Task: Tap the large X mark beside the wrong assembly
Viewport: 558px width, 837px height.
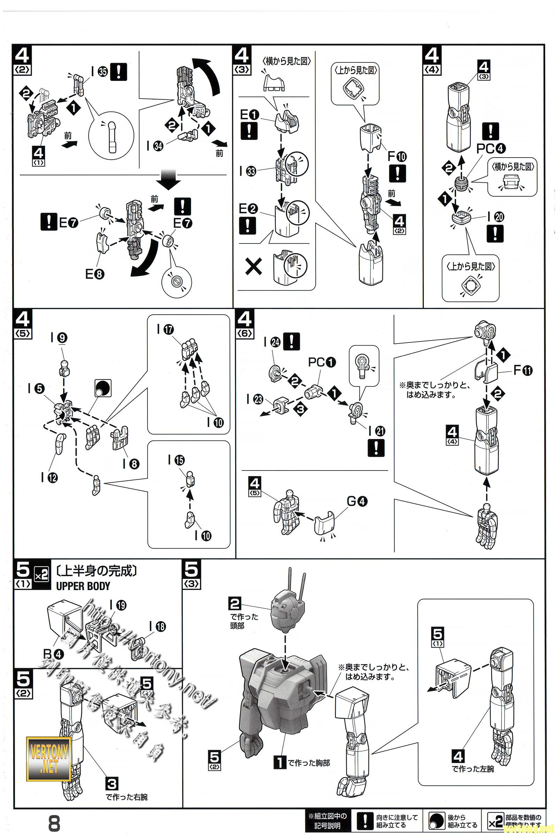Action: tap(254, 266)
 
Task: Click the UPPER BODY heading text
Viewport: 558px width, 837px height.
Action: tap(83, 586)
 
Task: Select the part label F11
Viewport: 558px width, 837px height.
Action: tap(523, 370)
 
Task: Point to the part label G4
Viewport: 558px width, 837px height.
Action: tap(357, 502)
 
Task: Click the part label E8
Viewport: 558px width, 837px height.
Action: tap(95, 274)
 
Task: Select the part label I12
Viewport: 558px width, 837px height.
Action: tap(49, 477)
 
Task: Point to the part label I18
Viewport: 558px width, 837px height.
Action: tap(158, 626)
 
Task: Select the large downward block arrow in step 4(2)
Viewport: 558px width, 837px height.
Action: tap(169, 180)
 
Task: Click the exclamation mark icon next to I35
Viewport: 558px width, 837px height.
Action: tap(119, 71)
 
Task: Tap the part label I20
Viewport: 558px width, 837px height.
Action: tap(496, 217)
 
